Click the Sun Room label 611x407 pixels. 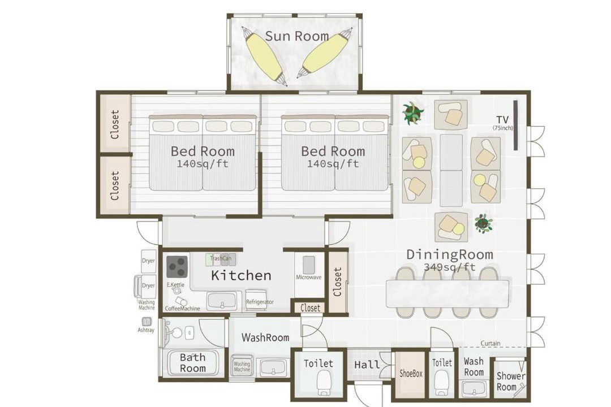coord(297,36)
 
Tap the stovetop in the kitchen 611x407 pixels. coord(178,266)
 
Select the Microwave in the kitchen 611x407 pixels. coord(309,265)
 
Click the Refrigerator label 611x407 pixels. coord(260,302)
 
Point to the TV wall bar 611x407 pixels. coord(515,125)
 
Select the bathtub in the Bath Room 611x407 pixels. coord(192,363)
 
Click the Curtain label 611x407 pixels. coord(490,343)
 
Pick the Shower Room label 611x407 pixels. coord(510,382)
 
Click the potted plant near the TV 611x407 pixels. coord(412,113)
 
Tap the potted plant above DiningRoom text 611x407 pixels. coord(484,223)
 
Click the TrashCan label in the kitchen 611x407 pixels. coord(221,258)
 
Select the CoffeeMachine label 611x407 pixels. coord(182,309)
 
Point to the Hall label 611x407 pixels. coord(367,365)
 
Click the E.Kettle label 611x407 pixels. coord(175,285)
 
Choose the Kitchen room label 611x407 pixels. coord(241,275)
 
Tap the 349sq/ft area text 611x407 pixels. coord(450,267)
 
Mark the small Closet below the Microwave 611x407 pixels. coord(310,308)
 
